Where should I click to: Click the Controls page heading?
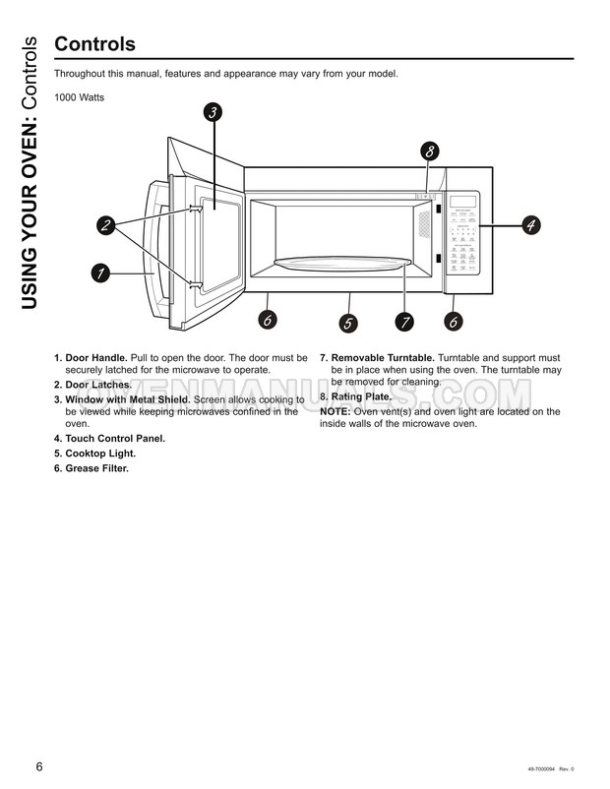[94, 44]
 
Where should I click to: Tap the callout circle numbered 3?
[213, 112]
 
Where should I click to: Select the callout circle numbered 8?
[430, 152]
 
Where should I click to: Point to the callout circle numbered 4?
[529, 225]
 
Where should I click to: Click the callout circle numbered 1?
[99, 273]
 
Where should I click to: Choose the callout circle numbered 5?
[348, 323]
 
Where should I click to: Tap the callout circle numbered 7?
[403, 322]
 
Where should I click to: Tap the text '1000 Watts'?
[79, 97]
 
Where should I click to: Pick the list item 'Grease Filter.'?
[97, 468]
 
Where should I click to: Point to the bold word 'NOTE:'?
[335, 412]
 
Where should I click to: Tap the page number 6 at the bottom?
[39, 767]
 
